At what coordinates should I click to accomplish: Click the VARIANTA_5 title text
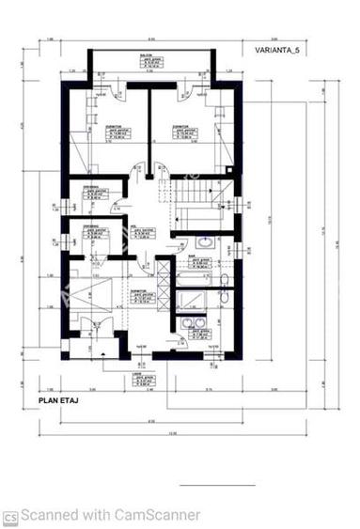point(280,51)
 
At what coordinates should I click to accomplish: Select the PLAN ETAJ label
point(57,399)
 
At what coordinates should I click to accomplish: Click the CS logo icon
point(10,516)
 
